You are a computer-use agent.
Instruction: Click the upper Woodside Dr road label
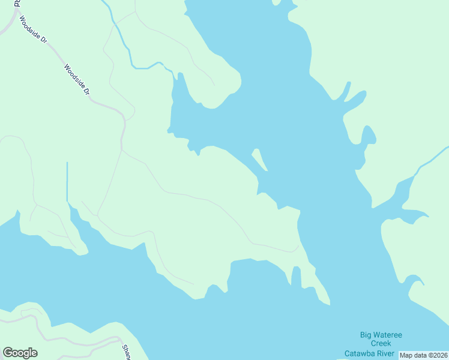click(x=33, y=34)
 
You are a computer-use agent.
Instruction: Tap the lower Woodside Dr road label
click(x=77, y=80)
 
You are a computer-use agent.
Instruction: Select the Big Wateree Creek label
click(x=381, y=339)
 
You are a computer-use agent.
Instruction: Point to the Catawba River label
click(x=368, y=353)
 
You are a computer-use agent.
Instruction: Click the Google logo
click(x=20, y=353)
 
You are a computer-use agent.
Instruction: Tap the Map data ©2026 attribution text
click(x=424, y=355)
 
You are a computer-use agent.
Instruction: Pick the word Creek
click(x=381, y=344)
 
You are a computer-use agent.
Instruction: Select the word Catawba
click(x=358, y=353)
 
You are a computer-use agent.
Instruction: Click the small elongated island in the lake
click(x=259, y=160)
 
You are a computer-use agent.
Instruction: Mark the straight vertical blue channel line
click(x=67, y=180)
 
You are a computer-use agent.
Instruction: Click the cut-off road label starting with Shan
click(x=126, y=352)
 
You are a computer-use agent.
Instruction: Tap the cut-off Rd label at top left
click(x=17, y=6)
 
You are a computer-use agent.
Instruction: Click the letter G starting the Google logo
click(x=8, y=353)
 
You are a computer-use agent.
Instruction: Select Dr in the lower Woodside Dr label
click(x=86, y=92)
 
